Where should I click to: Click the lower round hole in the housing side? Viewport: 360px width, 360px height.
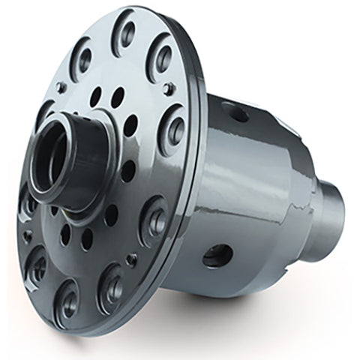point(217,256)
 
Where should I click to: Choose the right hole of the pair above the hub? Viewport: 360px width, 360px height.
point(118,95)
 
